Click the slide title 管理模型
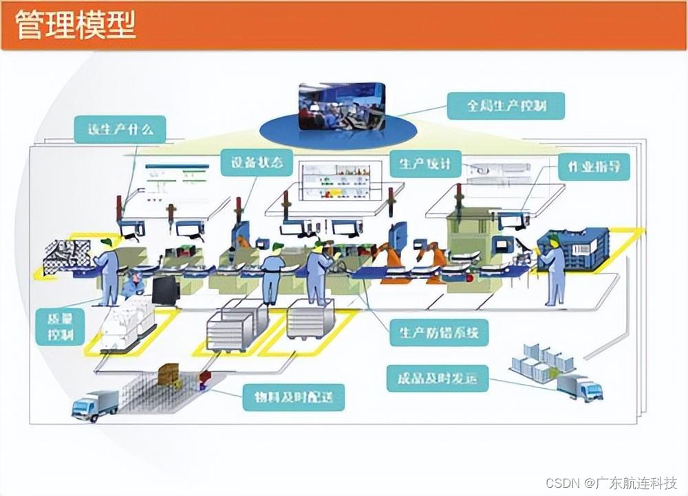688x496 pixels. (x=76, y=25)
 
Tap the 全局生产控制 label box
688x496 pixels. (x=506, y=106)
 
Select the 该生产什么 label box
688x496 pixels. (x=120, y=129)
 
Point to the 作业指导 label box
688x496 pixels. (x=594, y=166)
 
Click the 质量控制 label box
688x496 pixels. (x=60, y=326)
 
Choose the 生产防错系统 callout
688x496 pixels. (x=439, y=333)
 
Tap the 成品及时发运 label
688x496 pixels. (x=437, y=378)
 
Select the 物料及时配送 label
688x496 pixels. (x=293, y=397)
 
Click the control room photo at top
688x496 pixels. (x=341, y=106)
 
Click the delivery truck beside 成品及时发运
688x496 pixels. (x=579, y=387)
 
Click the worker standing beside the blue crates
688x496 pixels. (x=553, y=271)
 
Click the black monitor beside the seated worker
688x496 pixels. (x=166, y=290)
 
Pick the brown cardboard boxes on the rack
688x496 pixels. (x=169, y=374)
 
